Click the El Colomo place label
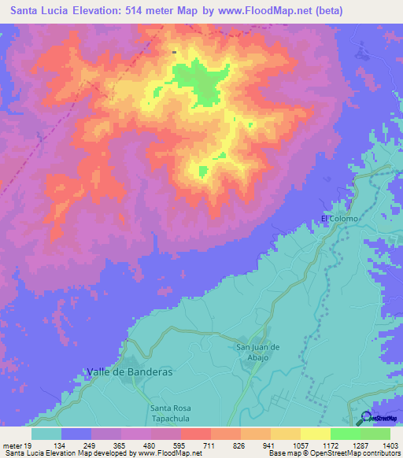[x=339, y=218]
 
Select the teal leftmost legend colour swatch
[x=46, y=434]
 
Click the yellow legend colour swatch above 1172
[x=316, y=434]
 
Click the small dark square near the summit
[x=174, y=53]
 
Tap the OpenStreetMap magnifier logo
[x=365, y=418]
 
